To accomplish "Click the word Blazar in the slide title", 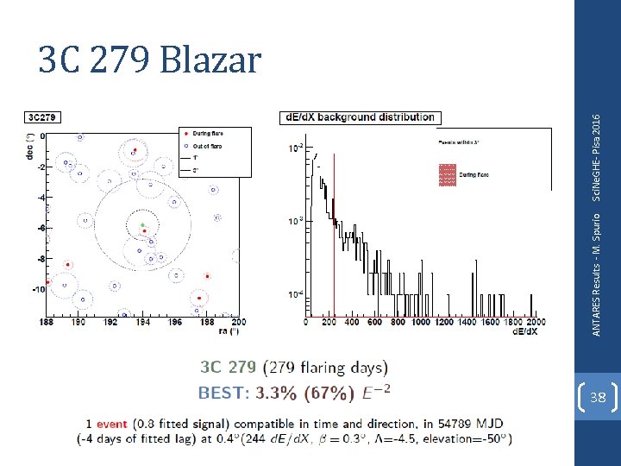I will click(211, 60).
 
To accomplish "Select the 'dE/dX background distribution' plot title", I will click(359, 117).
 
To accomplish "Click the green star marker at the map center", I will click(143, 224).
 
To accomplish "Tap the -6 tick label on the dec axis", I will click(41, 228).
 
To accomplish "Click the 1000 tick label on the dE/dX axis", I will click(420, 322).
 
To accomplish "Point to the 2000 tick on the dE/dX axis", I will click(535, 322).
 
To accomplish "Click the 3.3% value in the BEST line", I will click(274, 393).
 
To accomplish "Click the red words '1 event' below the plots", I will click(107, 424).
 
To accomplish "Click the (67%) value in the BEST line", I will click(329, 393).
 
